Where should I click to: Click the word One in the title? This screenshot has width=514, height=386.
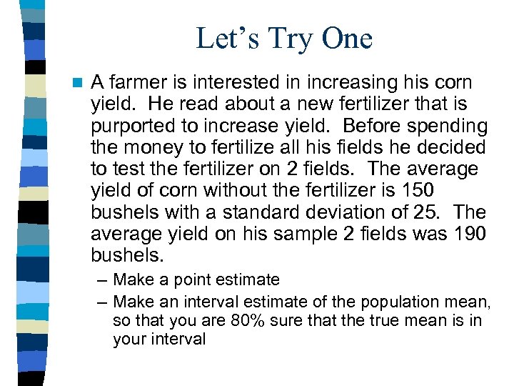(346, 39)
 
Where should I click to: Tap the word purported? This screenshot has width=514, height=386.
(135, 127)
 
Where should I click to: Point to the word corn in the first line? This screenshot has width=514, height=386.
(448, 83)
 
